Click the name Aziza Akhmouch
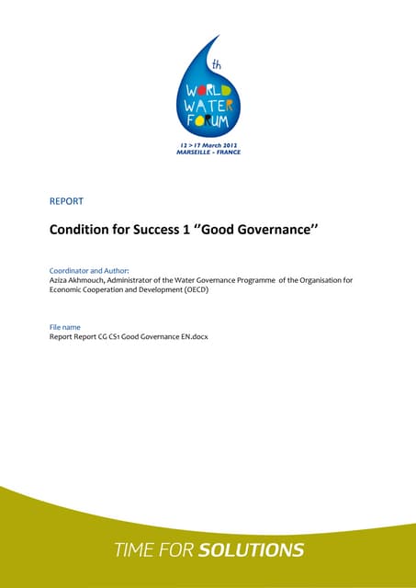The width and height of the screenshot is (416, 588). (x=84, y=280)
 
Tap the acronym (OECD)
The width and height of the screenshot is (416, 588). (x=217, y=290)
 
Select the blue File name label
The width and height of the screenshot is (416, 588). (x=67, y=327)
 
